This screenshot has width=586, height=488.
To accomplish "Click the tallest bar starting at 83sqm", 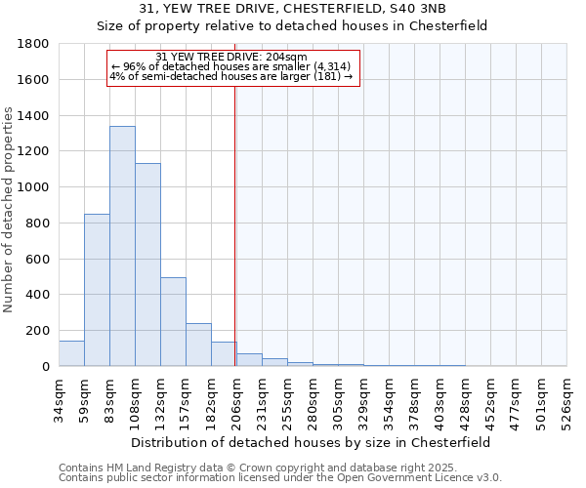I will click(122, 246).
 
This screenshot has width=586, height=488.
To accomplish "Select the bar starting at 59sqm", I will click(97, 290).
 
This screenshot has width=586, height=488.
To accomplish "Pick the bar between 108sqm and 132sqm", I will click(147, 264).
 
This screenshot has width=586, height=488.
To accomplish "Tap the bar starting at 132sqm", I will click(173, 322).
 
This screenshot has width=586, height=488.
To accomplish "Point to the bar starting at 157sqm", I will click(198, 345).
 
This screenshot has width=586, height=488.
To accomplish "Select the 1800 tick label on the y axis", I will click(34, 44).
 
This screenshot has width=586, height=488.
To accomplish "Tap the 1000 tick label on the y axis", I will click(34, 187).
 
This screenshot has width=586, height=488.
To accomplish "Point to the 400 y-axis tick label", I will click(38, 295).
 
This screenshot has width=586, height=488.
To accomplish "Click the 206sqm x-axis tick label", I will click(236, 397).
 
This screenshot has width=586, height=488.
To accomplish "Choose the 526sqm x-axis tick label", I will click(566, 397).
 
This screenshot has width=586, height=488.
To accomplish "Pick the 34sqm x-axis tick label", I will click(59, 397).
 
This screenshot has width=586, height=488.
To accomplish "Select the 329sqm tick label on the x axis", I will click(363, 397).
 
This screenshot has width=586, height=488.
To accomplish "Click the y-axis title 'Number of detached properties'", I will click(10, 210).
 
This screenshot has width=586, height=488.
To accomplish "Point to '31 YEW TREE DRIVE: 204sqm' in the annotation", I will click(231, 57).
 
